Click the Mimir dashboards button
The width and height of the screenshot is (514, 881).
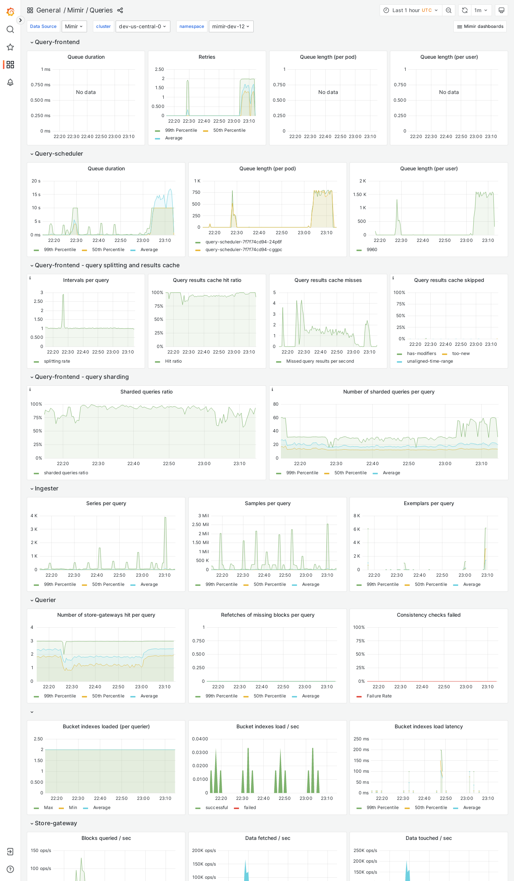pyautogui.click(x=480, y=26)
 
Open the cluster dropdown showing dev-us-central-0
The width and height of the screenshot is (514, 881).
pyautogui.click(x=143, y=26)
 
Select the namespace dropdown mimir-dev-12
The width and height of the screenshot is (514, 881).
pyautogui.click(x=231, y=26)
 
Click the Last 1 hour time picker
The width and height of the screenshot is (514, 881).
pyautogui.click(x=410, y=10)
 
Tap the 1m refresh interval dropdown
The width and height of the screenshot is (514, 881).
pyautogui.click(x=480, y=10)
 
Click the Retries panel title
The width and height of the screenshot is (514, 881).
pyautogui.click(x=207, y=57)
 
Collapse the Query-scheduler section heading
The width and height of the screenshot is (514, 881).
pyautogui.click(x=59, y=153)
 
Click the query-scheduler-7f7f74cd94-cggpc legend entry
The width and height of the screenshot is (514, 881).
pyautogui.click(x=244, y=250)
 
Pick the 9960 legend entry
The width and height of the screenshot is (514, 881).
pyautogui.click(x=372, y=250)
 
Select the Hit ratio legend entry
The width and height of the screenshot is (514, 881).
pyautogui.click(x=173, y=361)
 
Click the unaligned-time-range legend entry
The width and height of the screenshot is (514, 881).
pyautogui.click(x=430, y=361)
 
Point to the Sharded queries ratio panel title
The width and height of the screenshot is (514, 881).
pyautogui.click(x=146, y=392)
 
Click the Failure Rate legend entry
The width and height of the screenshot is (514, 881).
pyautogui.click(x=379, y=696)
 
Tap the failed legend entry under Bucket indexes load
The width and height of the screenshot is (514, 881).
pyautogui.click(x=250, y=808)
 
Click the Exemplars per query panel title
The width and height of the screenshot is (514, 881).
pyautogui.click(x=428, y=503)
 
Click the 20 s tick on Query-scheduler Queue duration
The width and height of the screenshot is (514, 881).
pyautogui.click(x=36, y=181)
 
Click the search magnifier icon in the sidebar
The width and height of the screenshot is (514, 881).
pyautogui.click(x=10, y=29)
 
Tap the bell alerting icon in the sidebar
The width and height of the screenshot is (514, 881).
pyautogui.click(x=10, y=82)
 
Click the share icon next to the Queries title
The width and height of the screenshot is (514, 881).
pyautogui.click(x=120, y=10)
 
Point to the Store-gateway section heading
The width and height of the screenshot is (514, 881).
pyautogui.click(x=56, y=823)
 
